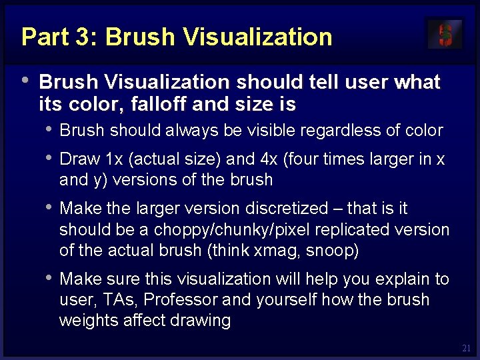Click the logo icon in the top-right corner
[x=445, y=34]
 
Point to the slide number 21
[x=466, y=348]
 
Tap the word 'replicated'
[x=353, y=229]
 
